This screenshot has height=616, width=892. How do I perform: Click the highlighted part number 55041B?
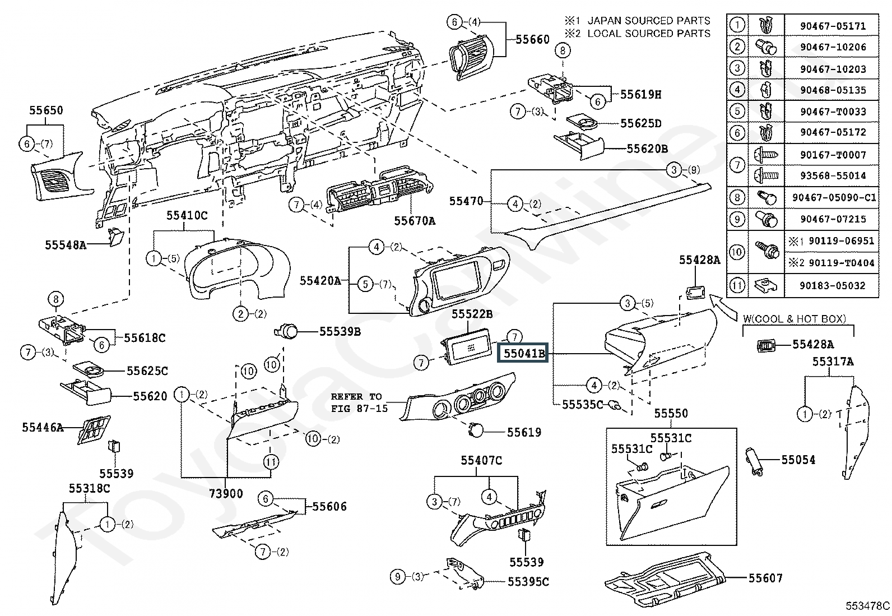(x=523, y=353)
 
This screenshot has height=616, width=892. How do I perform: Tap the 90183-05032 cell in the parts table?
(x=833, y=285)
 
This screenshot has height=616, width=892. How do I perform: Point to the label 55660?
(x=532, y=39)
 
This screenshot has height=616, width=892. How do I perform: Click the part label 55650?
(x=46, y=110)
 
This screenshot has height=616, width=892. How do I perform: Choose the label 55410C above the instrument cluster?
(x=187, y=216)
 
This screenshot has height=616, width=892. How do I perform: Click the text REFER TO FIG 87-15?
(x=359, y=402)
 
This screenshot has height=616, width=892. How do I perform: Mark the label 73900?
(x=226, y=494)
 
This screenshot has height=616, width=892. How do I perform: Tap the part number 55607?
(x=765, y=578)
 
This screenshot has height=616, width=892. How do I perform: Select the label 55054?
(x=798, y=460)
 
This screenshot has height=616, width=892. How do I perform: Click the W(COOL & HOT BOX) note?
(x=795, y=319)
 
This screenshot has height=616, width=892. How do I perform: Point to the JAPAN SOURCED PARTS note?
(x=649, y=21)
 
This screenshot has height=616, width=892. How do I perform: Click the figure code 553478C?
(x=867, y=606)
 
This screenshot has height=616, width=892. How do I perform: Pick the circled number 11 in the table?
(x=737, y=285)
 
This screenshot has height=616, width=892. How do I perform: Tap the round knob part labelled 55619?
(x=476, y=429)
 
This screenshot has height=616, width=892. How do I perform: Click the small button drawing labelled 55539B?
(x=286, y=331)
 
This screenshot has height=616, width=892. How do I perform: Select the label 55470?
(x=466, y=201)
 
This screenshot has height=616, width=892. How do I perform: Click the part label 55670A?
(x=415, y=221)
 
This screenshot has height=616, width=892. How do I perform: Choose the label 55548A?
(x=66, y=244)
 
